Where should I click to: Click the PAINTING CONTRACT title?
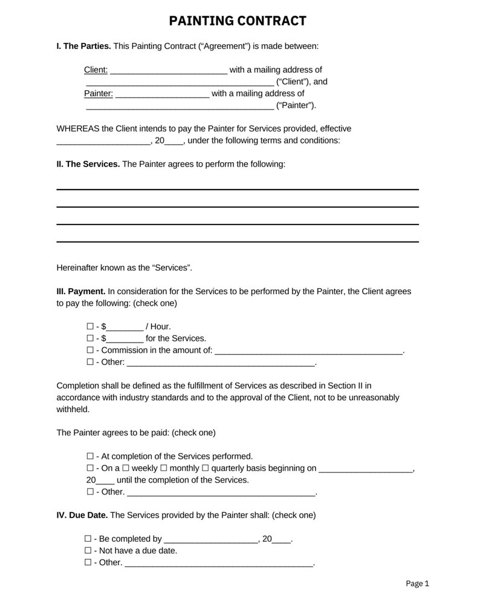coord(238,21)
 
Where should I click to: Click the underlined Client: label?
coord(96,70)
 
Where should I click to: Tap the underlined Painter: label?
coord(98,93)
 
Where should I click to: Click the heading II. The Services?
coord(88,164)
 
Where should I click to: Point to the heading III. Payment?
coord(81,291)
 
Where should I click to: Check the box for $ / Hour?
coord(90,327)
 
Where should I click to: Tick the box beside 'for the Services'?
coord(90,338)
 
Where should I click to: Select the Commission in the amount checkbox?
coord(90,350)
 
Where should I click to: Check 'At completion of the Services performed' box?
coord(90,456)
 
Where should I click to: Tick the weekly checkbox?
coord(126,468)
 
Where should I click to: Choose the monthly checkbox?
coord(164,468)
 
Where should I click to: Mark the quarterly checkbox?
coord(205,468)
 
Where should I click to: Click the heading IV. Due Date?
coord(82,515)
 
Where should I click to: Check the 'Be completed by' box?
coord(88,539)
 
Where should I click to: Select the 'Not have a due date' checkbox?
coord(88,551)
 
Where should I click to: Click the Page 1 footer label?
coord(417,584)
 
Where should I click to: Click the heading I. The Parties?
coord(83,46)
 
